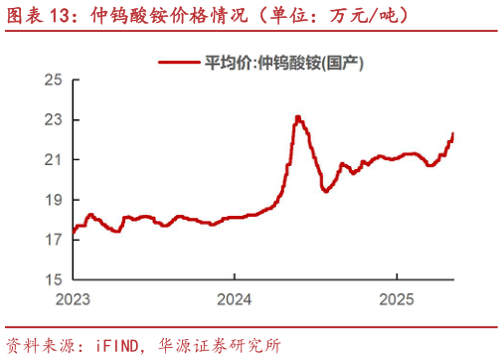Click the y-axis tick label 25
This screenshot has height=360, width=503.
coord(54,80)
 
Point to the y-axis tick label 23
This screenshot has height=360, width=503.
coord(54,119)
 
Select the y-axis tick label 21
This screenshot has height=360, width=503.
coord(54,159)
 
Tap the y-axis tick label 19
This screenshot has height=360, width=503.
coord(54,199)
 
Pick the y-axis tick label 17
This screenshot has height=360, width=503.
coord(54,240)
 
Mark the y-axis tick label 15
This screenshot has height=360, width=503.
coord(54,279)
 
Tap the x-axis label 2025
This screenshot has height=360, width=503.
coord(397,299)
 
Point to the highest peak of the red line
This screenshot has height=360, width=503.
coord(298,117)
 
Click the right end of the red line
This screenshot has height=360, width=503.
coord(453,133)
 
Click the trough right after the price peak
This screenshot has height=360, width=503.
coord(325,191)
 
